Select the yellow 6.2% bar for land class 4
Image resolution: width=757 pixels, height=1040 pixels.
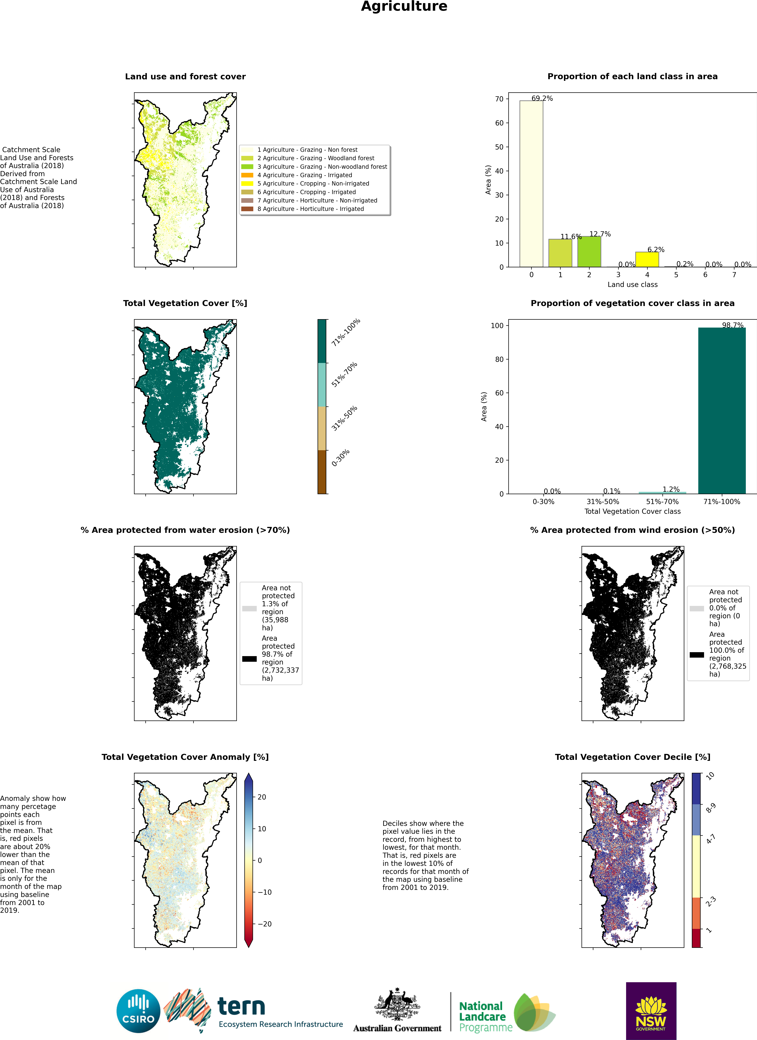[x=647, y=260]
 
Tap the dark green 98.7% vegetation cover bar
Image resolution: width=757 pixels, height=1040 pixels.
[x=722, y=410]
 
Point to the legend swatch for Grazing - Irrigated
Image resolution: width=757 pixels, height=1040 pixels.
[x=247, y=175]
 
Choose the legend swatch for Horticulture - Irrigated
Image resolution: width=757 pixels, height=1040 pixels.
[x=247, y=209]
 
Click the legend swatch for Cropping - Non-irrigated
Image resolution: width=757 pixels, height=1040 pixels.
[x=247, y=183]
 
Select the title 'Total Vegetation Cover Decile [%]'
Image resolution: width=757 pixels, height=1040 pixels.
[x=632, y=757]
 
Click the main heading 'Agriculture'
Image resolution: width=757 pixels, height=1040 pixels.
[x=404, y=6]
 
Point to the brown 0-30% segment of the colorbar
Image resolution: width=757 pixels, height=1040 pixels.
[x=322, y=472]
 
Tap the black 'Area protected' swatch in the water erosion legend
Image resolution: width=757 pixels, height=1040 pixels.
[x=249, y=659]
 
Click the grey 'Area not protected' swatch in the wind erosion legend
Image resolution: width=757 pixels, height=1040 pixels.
[x=696, y=609]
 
